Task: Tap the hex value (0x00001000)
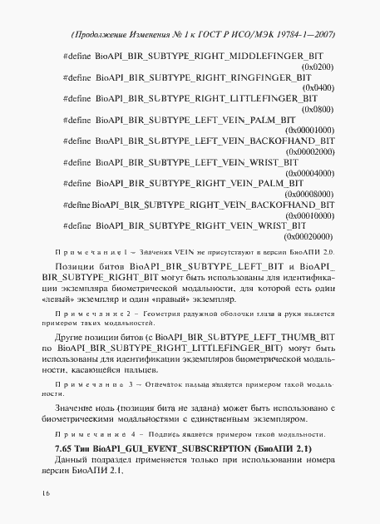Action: point(310,131)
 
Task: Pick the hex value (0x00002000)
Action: point(310,152)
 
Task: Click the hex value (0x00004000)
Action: point(310,174)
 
